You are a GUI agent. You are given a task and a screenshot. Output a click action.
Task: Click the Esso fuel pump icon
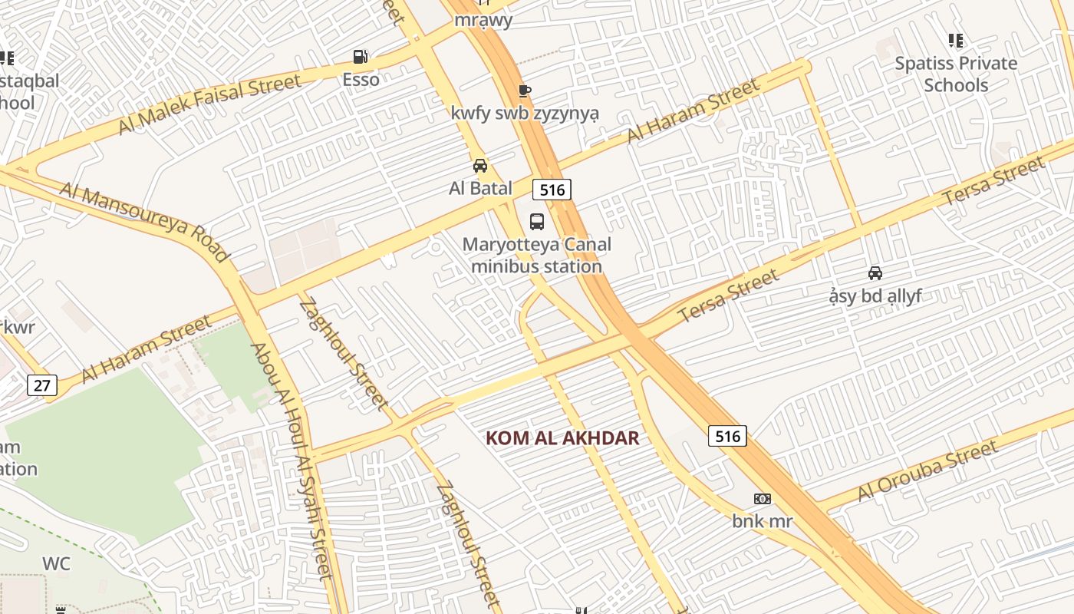click(x=360, y=57)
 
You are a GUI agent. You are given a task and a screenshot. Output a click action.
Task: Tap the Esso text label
click(x=361, y=79)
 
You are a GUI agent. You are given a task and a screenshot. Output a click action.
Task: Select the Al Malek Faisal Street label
click(x=209, y=104)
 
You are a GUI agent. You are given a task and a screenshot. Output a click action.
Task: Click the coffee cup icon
click(x=525, y=91)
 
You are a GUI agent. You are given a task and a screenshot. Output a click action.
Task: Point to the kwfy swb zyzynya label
click(x=525, y=114)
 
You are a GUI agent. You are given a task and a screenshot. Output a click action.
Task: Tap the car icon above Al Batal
click(x=480, y=166)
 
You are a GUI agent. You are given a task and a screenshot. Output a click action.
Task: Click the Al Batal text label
click(x=480, y=187)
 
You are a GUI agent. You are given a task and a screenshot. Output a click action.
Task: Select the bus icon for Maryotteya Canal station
click(x=537, y=222)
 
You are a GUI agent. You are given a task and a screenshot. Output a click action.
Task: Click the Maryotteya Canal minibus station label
click(x=537, y=256)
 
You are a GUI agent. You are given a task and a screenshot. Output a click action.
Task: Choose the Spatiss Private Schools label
click(x=956, y=74)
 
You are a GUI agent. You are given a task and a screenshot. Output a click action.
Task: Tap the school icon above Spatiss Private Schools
click(x=955, y=41)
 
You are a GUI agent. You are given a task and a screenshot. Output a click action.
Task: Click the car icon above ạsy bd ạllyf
click(x=875, y=273)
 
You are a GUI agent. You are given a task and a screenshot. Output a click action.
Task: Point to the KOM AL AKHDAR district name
click(x=562, y=438)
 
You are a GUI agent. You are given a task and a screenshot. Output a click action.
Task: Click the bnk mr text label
click(x=762, y=521)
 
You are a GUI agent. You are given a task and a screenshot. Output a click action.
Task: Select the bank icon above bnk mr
click(x=763, y=499)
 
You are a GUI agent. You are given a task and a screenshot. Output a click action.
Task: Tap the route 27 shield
click(x=41, y=385)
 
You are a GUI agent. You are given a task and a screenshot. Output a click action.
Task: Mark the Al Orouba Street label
click(x=927, y=470)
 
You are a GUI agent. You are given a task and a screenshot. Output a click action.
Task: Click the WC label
click(x=56, y=564)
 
